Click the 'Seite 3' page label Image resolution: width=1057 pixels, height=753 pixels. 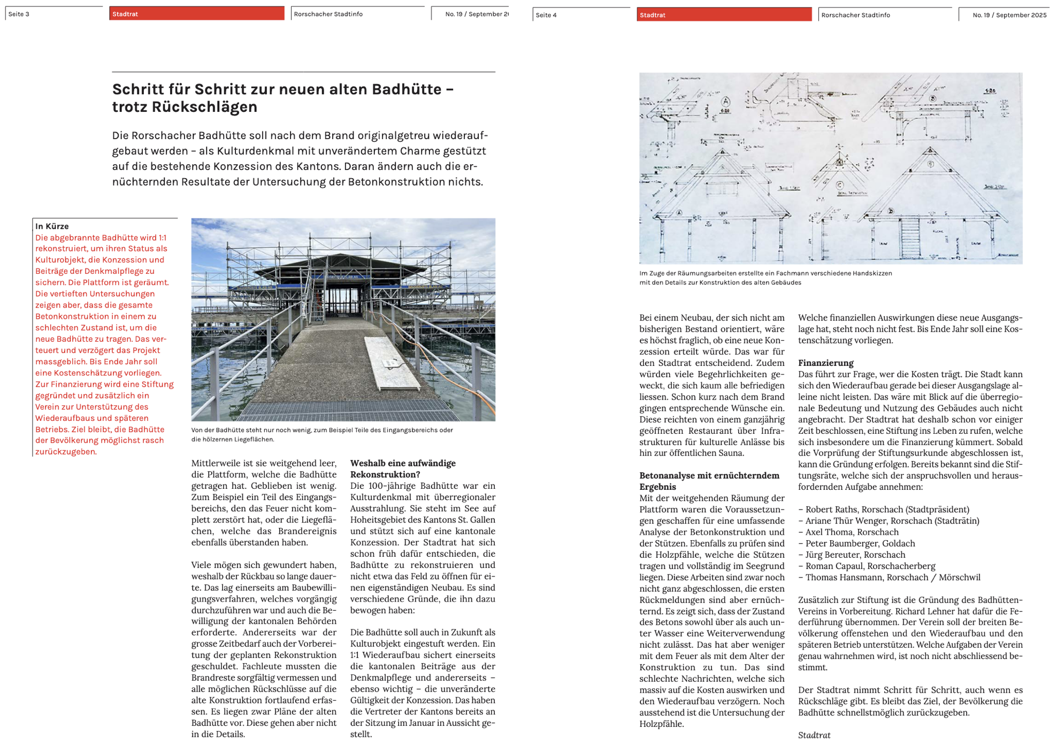coord(19,14)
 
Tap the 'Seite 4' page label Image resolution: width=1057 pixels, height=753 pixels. coord(546,15)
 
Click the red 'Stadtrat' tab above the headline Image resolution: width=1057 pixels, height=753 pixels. coord(196,14)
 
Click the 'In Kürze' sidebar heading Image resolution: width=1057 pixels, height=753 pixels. coord(52,226)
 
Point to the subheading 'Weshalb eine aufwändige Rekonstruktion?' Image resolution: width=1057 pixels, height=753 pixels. coord(403,468)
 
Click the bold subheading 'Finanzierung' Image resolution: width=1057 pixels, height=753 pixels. coord(825,363)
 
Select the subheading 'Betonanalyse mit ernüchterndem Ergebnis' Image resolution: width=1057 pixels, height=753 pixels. coord(709,481)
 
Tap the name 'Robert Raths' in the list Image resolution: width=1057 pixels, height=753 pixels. coord(830,509)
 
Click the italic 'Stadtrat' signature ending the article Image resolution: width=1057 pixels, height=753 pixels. coord(814,735)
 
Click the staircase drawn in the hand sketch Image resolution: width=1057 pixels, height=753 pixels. coord(909,238)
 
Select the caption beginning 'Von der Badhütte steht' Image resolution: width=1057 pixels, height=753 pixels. coord(322,434)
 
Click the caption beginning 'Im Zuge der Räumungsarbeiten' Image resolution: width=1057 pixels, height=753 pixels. coord(765,278)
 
